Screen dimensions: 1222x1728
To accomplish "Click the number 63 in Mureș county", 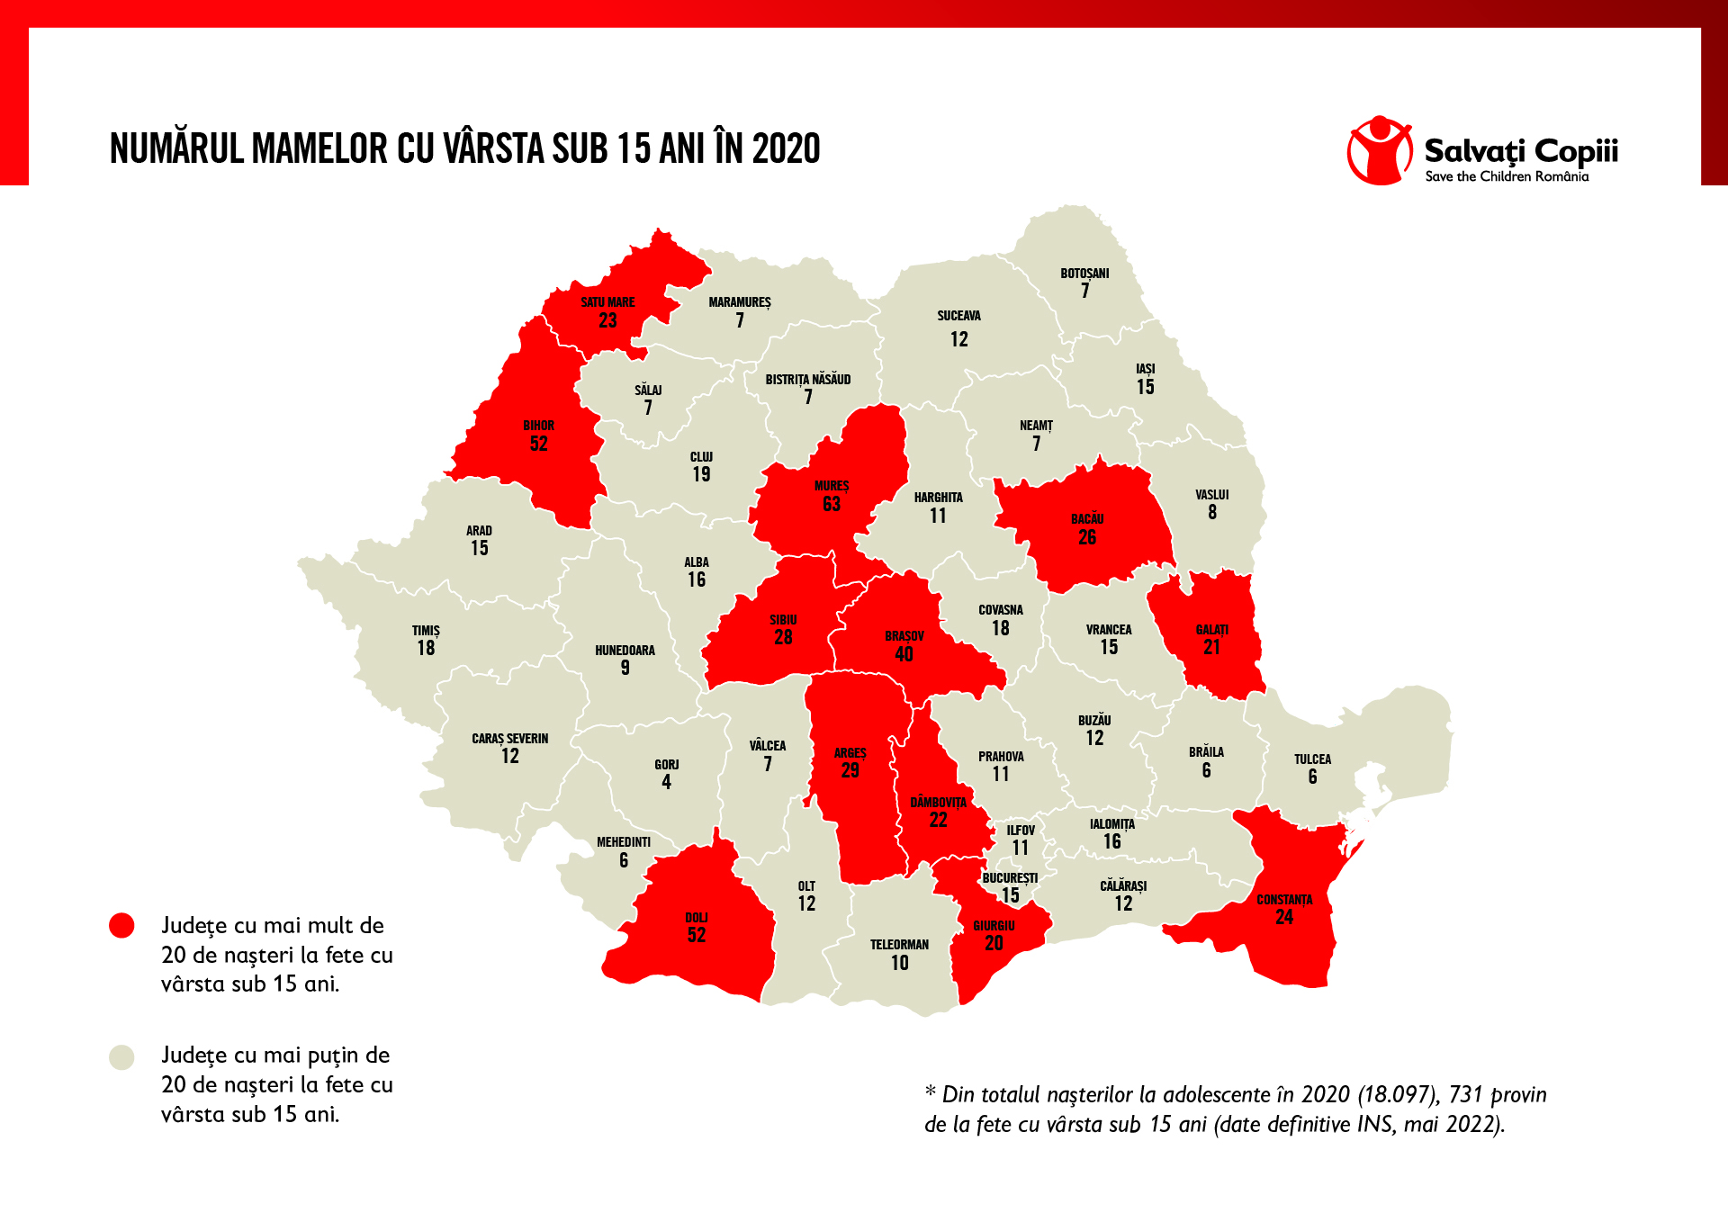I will (832, 505).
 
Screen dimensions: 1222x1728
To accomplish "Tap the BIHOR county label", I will (538, 426).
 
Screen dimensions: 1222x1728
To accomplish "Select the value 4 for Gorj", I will (666, 782).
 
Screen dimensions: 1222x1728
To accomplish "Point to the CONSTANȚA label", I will (1284, 900).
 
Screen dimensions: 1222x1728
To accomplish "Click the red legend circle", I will (121, 926).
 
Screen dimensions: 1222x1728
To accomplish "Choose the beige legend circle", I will (121, 1056).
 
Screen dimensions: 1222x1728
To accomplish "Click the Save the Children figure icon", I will (1379, 150).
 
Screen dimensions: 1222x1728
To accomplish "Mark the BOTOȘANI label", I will (1084, 274).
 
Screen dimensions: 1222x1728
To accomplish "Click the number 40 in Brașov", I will (904, 654).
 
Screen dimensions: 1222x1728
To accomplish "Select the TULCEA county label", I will (1312, 759).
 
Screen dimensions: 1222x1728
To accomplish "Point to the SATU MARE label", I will (607, 302).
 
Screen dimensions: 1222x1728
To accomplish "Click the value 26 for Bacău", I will (1087, 537).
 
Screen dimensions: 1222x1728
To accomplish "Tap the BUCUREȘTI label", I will (1010, 878).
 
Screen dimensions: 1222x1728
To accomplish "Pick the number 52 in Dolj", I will (697, 935).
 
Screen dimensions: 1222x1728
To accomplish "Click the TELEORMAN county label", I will (899, 945).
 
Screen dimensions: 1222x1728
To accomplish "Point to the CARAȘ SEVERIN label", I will (509, 739).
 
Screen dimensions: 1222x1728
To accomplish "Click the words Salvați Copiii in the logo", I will (1520, 150).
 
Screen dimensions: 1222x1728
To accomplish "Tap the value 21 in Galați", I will (1211, 647).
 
